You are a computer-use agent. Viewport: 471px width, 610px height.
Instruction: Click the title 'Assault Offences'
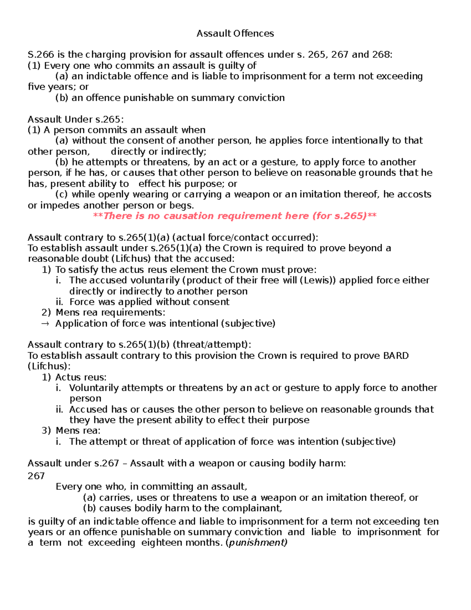(x=235, y=33)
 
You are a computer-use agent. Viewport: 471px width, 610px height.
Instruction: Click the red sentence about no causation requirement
(x=235, y=216)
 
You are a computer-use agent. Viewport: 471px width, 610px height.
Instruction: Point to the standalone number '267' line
(x=36, y=476)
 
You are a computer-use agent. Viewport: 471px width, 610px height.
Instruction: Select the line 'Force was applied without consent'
(x=149, y=302)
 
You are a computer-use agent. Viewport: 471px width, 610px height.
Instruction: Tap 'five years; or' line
(x=58, y=87)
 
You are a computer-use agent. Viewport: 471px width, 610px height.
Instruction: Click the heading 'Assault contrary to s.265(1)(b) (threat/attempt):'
(x=139, y=345)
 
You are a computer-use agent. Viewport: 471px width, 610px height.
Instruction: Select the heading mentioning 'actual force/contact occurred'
(x=173, y=238)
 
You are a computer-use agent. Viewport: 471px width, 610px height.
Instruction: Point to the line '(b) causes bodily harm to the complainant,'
(x=183, y=508)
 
